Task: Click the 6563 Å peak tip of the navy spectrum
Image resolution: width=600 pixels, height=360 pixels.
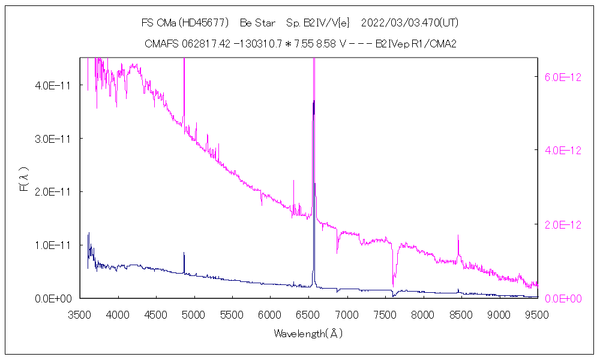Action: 313,103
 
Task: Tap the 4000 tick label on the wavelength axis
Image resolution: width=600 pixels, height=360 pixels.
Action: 118,314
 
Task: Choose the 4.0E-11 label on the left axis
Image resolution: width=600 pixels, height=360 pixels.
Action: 53,85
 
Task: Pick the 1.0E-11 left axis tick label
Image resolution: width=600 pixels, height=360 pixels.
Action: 53,245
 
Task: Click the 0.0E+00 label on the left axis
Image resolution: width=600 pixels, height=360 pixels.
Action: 53,298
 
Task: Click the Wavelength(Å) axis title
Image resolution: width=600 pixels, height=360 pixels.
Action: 308,333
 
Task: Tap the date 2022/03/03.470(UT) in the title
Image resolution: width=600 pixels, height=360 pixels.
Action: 410,23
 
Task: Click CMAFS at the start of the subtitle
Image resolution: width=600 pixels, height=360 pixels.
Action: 159,44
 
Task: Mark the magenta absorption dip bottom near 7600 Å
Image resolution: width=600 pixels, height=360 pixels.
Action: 393,285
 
